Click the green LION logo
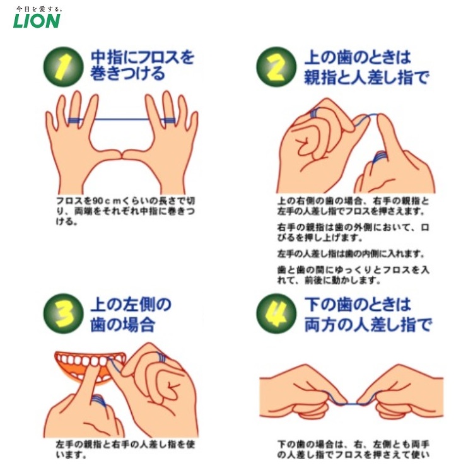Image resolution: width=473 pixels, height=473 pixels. [x=37, y=21]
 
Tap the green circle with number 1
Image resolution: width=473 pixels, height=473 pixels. [x=62, y=66]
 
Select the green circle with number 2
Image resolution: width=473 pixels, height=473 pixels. [x=276, y=66]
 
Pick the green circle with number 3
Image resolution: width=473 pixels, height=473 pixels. [x=62, y=313]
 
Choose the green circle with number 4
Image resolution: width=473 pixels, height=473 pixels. [x=276, y=313]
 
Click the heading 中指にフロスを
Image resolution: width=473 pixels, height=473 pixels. [x=143, y=57]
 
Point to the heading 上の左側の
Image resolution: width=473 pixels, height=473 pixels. [x=131, y=304]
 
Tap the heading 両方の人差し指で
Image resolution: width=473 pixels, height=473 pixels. [x=368, y=324]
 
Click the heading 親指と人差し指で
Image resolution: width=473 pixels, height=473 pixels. [x=366, y=77]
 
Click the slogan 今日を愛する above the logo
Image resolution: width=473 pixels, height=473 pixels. [x=38, y=9]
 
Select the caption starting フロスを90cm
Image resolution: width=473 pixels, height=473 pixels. [x=126, y=211]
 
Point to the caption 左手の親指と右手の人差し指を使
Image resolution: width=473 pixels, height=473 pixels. [x=126, y=449]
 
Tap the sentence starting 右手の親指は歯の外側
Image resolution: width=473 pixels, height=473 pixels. [x=353, y=232]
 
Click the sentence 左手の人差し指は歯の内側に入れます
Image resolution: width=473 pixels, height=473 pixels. [x=351, y=254]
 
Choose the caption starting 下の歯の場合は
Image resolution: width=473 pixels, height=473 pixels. [x=353, y=449]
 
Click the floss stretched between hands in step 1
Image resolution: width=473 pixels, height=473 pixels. [x=122, y=119]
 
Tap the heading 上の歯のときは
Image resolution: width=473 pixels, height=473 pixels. [x=358, y=57]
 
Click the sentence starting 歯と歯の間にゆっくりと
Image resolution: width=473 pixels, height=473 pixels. [x=353, y=274]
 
